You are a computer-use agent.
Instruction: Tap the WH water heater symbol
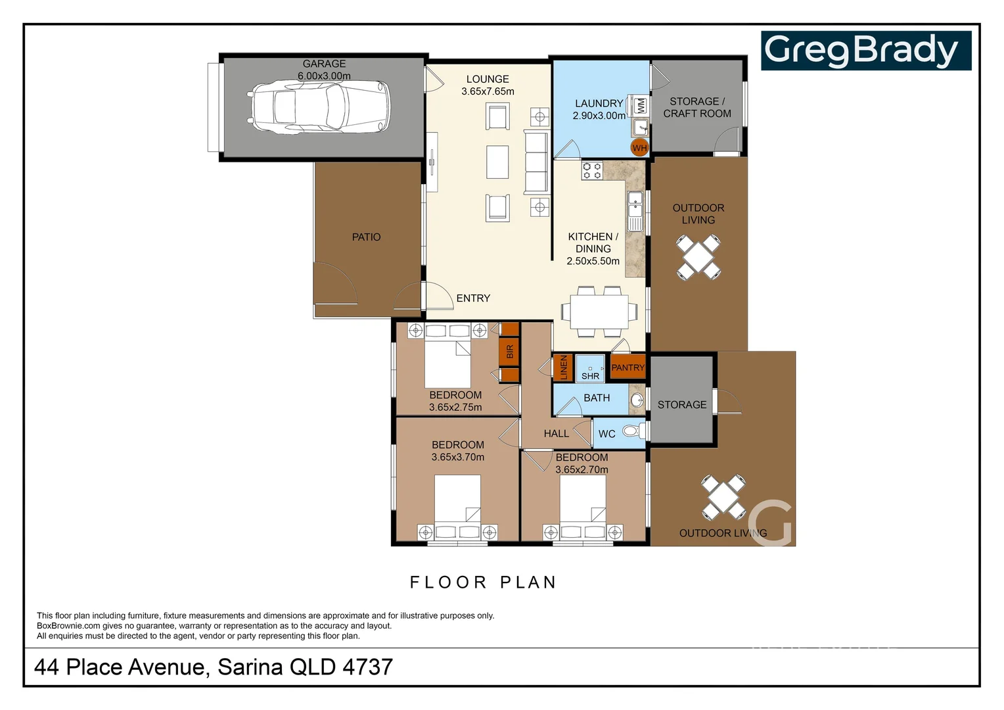pyautogui.click(x=639, y=148)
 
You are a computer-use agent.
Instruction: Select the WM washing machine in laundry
pyautogui.click(x=641, y=105)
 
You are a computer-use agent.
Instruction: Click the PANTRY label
pyautogui.click(x=627, y=368)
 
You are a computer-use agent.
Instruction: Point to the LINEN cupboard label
pyautogui.click(x=563, y=368)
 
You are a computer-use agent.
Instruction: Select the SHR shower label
pyautogui.click(x=590, y=376)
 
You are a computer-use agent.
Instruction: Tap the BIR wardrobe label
pyautogui.click(x=509, y=352)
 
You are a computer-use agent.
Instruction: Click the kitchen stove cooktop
pyautogui.click(x=591, y=171)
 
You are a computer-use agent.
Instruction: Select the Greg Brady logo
pyautogui.click(x=865, y=51)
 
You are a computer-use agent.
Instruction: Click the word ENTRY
pyautogui.click(x=473, y=298)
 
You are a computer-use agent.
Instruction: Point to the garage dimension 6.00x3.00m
pyautogui.click(x=324, y=76)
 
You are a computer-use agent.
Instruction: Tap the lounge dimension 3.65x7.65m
pyautogui.click(x=488, y=91)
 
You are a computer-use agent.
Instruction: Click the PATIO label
pyautogui.click(x=366, y=237)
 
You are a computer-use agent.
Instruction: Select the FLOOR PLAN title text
pyautogui.click(x=483, y=582)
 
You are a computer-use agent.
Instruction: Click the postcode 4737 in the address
pyautogui.click(x=367, y=667)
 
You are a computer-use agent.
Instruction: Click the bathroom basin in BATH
pyautogui.click(x=636, y=400)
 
